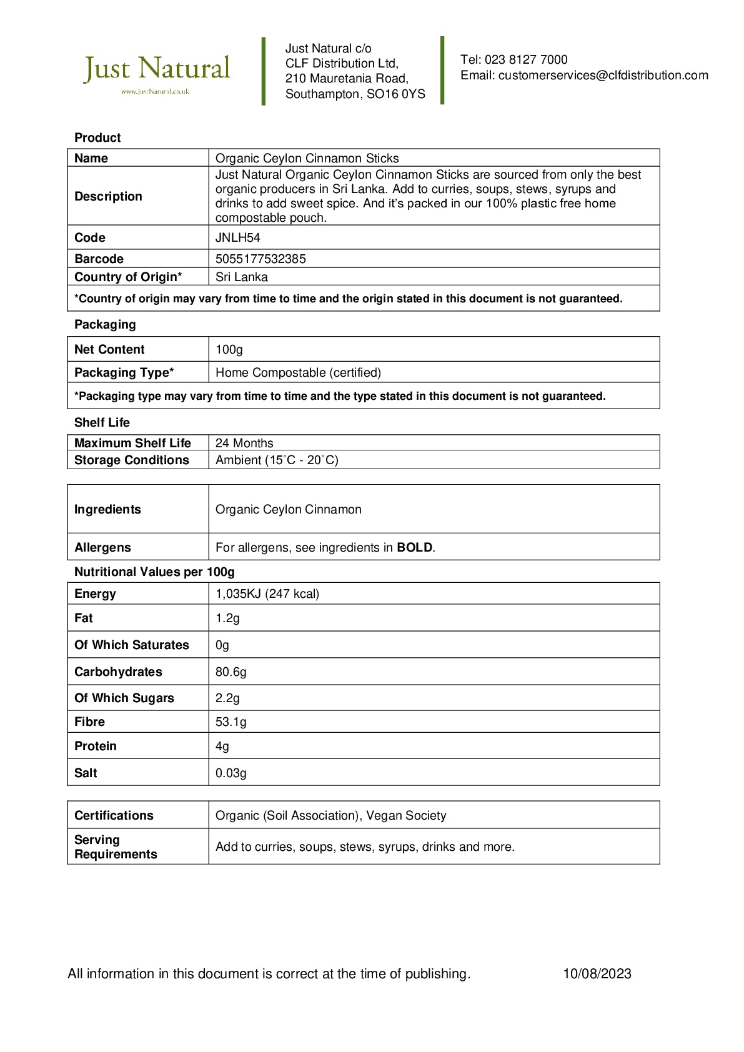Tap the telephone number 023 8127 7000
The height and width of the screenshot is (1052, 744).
click(526, 60)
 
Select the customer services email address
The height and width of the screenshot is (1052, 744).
click(603, 76)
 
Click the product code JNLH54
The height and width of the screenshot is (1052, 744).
click(237, 237)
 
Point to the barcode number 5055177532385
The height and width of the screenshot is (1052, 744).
click(260, 259)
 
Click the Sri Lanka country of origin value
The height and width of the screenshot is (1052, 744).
click(241, 277)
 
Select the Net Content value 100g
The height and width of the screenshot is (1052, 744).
click(229, 349)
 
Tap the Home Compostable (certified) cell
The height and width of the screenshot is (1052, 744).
click(298, 372)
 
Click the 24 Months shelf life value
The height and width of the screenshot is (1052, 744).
click(244, 443)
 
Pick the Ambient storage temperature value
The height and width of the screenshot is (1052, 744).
click(277, 460)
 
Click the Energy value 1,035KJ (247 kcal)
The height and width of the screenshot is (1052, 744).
click(267, 593)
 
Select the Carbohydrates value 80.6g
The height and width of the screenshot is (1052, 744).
click(231, 672)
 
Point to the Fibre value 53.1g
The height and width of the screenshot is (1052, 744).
click(231, 722)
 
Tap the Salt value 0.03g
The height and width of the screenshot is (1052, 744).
click(231, 773)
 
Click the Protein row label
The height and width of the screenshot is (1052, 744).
click(96, 746)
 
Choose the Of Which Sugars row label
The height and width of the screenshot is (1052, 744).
click(124, 698)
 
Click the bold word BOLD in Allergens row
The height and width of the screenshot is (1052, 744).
click(415, 547)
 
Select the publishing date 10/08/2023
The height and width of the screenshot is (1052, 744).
click(597, 973)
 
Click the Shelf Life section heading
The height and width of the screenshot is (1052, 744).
click(102, 422)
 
